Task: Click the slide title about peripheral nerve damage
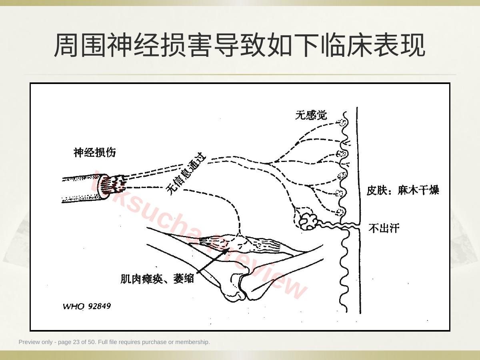coord(240,45)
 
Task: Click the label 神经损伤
coord(94,152)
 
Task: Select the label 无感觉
coord(311,115)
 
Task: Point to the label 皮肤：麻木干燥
coord(403,190)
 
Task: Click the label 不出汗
coord(384,228)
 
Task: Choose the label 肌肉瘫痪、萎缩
coord(157,279)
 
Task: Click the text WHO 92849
coord(87,306)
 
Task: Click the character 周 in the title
coord(66,45)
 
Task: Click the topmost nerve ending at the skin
coord(342,123)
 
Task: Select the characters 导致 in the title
coord(240,45)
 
